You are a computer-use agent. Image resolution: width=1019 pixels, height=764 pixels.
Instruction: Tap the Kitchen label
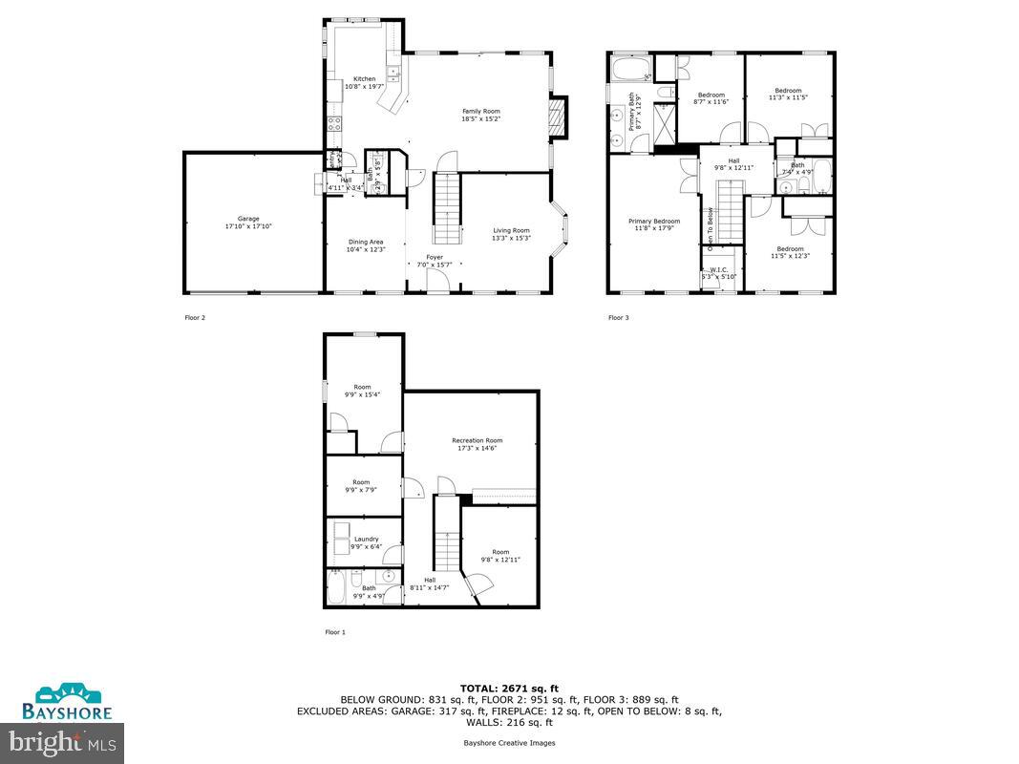364,79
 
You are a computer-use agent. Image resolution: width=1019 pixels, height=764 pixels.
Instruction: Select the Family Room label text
480,112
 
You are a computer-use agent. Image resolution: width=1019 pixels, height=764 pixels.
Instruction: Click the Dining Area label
365,243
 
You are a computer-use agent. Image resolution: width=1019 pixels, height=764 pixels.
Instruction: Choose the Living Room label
511,230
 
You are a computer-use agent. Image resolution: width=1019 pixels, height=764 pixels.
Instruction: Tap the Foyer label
435,257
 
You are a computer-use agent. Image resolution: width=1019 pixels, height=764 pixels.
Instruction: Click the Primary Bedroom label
654,222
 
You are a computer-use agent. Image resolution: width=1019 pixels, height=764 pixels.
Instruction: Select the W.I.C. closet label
718,270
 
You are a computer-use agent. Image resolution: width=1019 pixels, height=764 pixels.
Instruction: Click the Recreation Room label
477,440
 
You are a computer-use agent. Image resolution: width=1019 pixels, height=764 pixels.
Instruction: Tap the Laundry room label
366,540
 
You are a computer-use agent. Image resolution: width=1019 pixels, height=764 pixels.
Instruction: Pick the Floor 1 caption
335,632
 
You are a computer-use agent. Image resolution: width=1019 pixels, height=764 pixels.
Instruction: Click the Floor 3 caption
619,317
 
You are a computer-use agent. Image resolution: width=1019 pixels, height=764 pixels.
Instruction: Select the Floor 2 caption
194,317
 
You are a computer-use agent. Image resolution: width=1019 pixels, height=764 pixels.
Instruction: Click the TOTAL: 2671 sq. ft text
509,687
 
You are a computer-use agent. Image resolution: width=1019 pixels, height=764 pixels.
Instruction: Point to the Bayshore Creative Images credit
509,742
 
